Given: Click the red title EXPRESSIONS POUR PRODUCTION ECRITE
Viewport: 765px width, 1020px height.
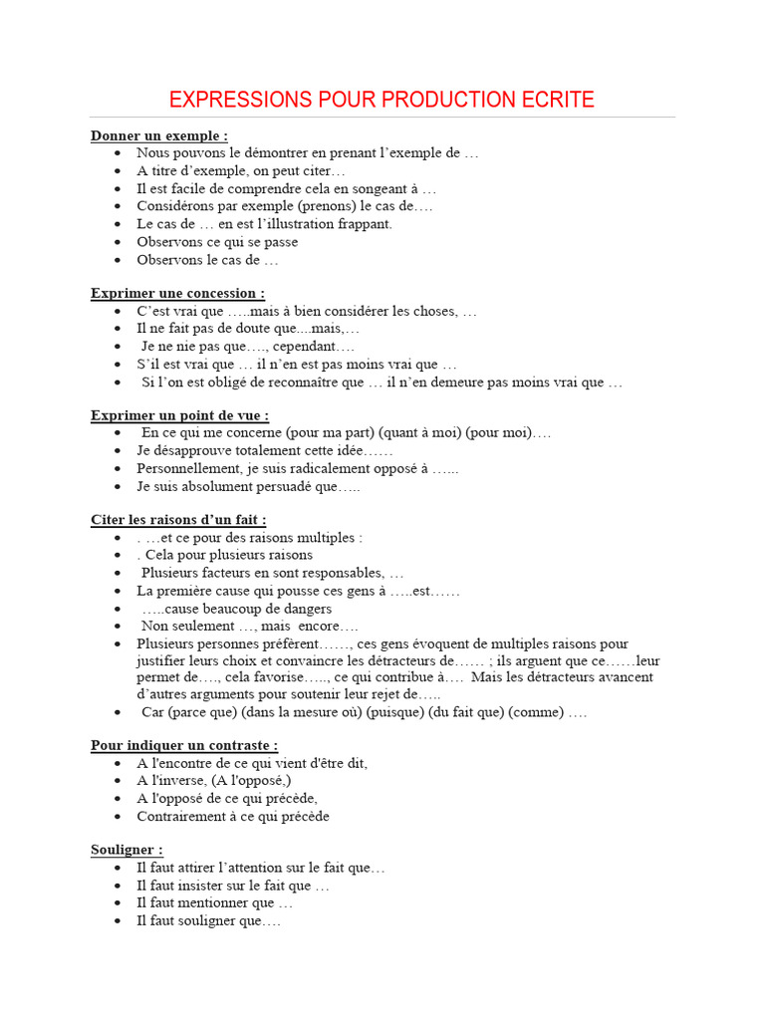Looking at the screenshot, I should click(x=382, y=100).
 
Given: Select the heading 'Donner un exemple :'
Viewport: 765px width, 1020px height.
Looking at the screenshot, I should click(x=159, y=135).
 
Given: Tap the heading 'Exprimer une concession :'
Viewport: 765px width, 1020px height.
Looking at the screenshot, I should click(x=178, y=294).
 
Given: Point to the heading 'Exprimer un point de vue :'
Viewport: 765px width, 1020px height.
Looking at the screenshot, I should click(x=180, y=415).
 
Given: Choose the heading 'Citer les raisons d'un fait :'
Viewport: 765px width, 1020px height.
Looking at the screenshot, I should click(x=178, y=520).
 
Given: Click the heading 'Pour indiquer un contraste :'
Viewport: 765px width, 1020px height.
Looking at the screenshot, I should click(x=184, y=745).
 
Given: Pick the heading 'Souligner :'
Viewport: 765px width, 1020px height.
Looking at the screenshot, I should click(x=127, y=850).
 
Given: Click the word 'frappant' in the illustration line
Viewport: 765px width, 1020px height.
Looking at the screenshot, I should click(x=365, y=224).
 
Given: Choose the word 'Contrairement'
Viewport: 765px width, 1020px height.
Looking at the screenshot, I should click(x=180, y=816).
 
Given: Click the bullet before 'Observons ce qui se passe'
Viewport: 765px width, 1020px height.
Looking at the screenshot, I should click(x=118, y=242).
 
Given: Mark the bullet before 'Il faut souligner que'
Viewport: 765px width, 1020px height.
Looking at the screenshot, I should click(x=118, y=921).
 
